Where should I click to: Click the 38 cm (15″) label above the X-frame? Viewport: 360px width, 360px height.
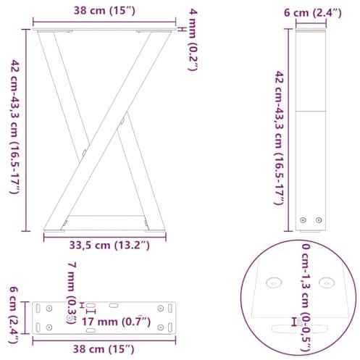(x=104, y=11)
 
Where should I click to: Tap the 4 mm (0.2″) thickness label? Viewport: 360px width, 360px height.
(x=193, y=40)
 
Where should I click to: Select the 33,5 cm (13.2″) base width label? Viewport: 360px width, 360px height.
(x=109, y=246)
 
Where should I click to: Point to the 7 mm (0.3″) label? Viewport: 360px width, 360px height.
(x=72, y=293)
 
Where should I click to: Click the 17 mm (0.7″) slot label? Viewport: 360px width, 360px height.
(x=117, y=322)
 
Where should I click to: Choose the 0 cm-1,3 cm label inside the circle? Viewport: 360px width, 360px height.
(x=306, y=298)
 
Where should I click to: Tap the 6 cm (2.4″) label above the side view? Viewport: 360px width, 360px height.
(x=313, y=12)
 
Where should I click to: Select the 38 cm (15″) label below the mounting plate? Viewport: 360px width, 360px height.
(x=104, y=349)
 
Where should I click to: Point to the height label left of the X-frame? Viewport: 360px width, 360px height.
(x=14, y=127)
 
